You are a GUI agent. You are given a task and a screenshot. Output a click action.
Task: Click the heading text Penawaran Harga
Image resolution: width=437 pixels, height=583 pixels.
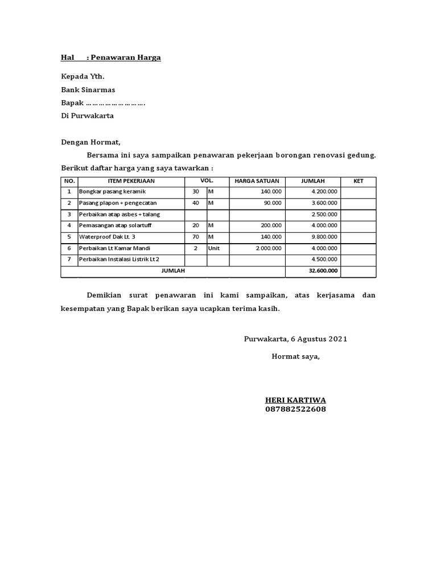[126, 58]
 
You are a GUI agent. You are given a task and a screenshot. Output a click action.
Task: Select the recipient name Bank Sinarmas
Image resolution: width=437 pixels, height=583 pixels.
[88, 89]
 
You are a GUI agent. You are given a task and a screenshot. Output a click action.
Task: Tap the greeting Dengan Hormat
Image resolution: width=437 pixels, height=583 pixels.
[91, 142]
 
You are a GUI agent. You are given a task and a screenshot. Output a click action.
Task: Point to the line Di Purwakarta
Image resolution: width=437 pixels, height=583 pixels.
[88, 116]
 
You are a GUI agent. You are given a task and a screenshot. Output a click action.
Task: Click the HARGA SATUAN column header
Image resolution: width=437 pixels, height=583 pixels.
[257, 181]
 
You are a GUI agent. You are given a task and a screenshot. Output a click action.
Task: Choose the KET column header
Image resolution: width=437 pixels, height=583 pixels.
[358, 181]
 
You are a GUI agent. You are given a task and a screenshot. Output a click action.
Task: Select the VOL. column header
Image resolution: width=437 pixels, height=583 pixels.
[207, 181]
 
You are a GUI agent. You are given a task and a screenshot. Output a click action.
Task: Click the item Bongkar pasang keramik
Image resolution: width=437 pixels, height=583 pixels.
[113, 192]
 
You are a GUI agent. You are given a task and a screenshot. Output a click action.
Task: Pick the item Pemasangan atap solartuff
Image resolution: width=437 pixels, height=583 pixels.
[116, 225]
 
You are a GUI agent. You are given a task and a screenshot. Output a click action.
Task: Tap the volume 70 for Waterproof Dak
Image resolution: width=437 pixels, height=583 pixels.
[196, 236]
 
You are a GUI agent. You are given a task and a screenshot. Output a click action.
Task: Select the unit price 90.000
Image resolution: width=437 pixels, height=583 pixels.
[272, 203]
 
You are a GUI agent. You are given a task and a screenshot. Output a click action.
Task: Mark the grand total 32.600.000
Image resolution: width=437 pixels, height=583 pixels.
[323, 271]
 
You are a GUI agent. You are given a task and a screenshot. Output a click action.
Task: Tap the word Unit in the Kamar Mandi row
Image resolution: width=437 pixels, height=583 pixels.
[214, 248]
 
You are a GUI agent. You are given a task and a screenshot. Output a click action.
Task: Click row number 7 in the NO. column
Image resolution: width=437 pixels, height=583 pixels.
[69, 260]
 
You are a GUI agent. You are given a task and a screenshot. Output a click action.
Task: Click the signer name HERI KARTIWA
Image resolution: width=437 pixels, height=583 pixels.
[295, 400]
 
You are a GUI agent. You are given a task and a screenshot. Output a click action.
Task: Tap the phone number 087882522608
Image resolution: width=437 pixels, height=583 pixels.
[295, 409]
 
